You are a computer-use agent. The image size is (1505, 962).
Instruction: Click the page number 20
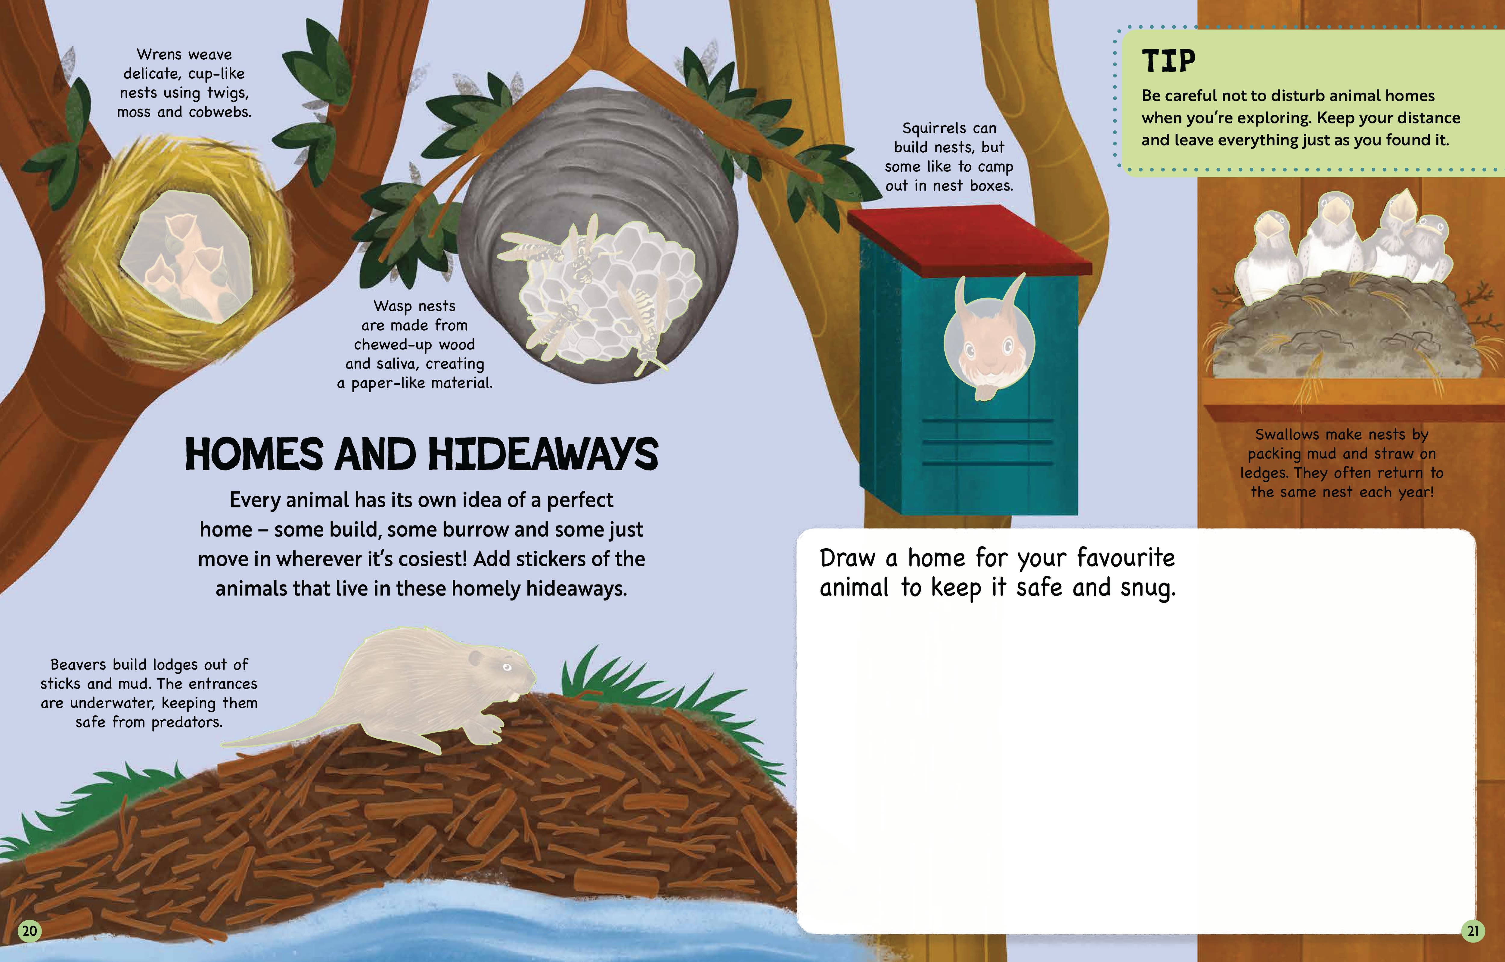click(29, 931)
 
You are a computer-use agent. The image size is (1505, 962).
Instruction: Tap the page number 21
click(1473, 931)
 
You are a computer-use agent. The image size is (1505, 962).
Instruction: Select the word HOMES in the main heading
click(254, 454)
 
